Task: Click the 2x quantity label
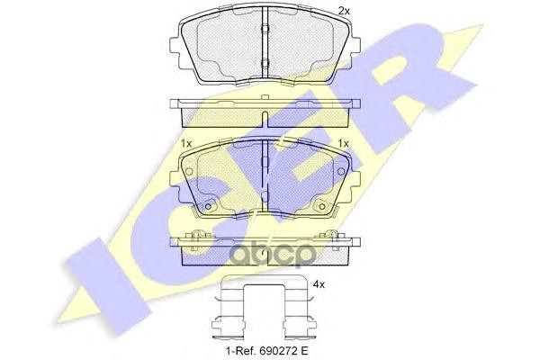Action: pos(343,10)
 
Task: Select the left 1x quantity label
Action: pos(186,144)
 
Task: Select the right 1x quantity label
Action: pos(343,144)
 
